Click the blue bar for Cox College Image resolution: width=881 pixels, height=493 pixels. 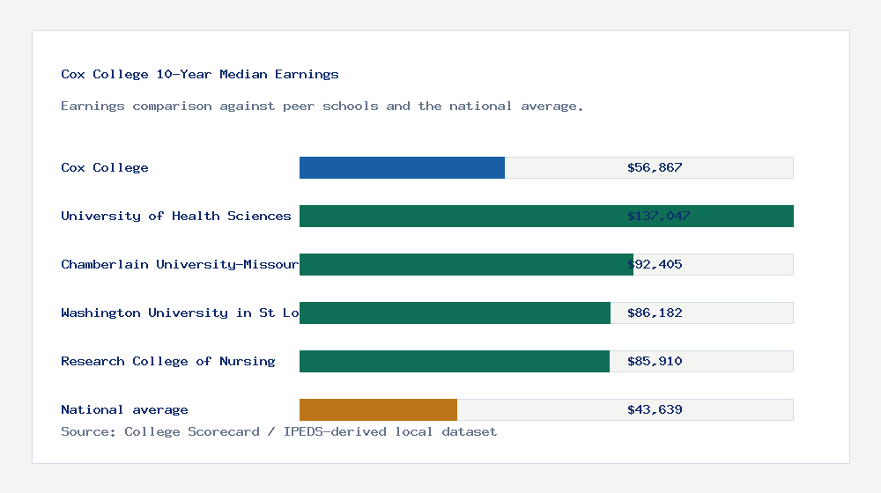[x=402, y=167]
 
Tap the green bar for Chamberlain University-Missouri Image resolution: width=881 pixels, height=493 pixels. [x=466, y=264]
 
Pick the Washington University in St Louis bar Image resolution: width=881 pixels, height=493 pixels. [x=455, y=313]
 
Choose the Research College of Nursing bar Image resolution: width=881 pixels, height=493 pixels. [x=455, y=361]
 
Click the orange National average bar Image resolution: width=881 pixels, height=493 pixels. [x=378, y=409]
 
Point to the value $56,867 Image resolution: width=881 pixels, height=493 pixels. [x=655, y=167]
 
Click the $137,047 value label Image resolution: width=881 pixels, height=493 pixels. [x=658, y=216]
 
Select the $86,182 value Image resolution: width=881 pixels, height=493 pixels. [x=655, y=313]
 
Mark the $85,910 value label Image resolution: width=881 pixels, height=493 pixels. [x=655, y=361]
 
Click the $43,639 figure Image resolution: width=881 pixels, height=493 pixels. [x=655, y=409]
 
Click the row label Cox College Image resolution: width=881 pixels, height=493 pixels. [x=105, y=167]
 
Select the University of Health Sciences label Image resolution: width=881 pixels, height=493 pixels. [x=176, y=216]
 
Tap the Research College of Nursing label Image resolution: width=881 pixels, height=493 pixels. [x=168, y=361]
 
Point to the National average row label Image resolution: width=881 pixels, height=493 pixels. [x=124, y=409]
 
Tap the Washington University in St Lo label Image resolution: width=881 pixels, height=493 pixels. [x=180, y=313]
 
